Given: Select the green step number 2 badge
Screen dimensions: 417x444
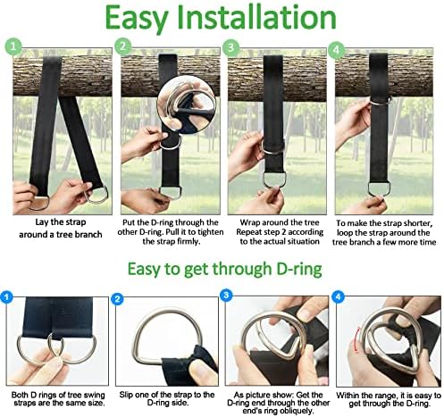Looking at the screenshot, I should (x=123, y=46).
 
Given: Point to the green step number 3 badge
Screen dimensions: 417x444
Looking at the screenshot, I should (x=232, y=46).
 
